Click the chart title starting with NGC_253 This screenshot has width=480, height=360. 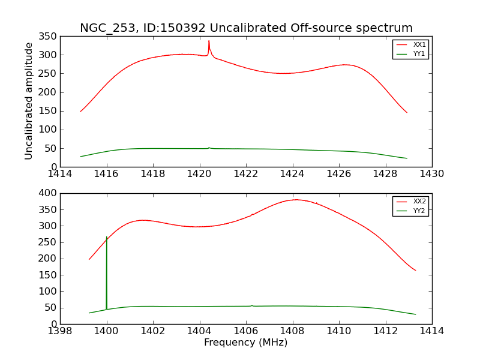(246, 28)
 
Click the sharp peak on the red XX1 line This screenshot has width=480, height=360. (209, 41)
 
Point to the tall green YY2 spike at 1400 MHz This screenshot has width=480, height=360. (107, 238)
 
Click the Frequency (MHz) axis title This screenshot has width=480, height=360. (245, 343)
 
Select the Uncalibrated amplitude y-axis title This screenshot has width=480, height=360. (29, 101)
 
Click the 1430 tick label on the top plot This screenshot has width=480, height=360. (431, 174)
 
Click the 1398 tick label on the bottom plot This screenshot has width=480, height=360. (61, 331)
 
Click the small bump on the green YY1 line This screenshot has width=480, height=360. (209, 147)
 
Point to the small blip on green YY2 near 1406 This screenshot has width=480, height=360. (252, 305)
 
